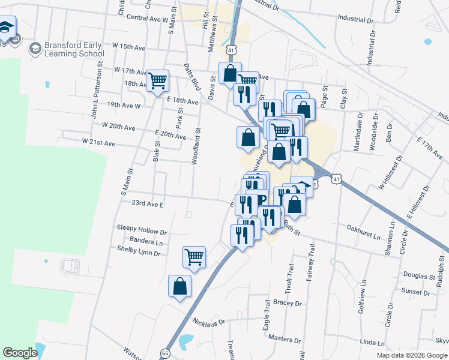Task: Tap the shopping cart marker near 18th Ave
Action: tap(157, 80)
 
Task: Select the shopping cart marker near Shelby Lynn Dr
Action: tap(194, 257)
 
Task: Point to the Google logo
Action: tap(20, 352)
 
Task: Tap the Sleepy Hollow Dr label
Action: tap(142, 231)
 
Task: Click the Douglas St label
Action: tap(419, 277)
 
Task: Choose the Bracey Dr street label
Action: tap(287, 304)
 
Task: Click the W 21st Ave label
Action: tap(98, 143)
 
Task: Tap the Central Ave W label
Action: tap(147, 19)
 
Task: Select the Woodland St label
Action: tap(196, 146)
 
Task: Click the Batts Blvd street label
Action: tap(192, 76)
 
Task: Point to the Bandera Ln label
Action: tap(146, 242)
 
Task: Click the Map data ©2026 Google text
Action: tap(411, 355)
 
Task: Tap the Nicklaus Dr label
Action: tap(209, 322)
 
